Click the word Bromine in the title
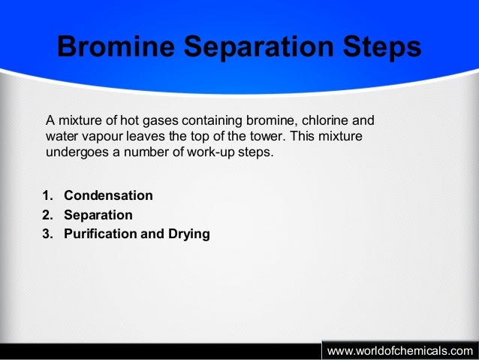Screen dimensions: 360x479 coord(116,48)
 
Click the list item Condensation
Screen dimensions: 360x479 coord(108,196)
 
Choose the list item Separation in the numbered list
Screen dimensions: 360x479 coord(98,215)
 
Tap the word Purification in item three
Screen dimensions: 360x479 coord(100,234)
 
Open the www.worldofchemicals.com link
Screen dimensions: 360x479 coord(400,351)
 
